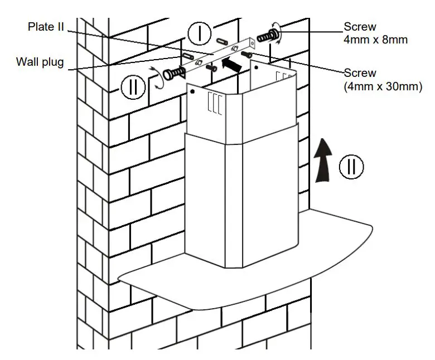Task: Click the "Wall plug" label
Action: (40, 62)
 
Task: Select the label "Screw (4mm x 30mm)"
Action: (383, 79)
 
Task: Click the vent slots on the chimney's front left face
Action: (215, 103)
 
